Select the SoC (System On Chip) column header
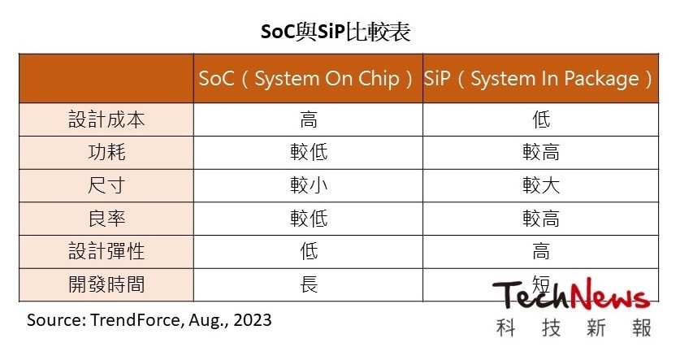(308, 80)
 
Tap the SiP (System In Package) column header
(539, 80)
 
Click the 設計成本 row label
(106, 119)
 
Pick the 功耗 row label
(106, 153)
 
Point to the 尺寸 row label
(106, 185)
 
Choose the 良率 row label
(106, 219)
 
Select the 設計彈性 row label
(106, 252)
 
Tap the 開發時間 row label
(106, 285)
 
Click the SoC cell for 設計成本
(308, 119)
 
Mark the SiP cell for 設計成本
(540, 119)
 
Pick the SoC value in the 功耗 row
(308, 153)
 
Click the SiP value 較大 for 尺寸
(540, 185)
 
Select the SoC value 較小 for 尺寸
(308, 185)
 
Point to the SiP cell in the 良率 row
(540, 219)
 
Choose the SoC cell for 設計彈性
(308, 252)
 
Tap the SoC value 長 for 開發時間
(308, 285)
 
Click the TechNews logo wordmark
(572, 297)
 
